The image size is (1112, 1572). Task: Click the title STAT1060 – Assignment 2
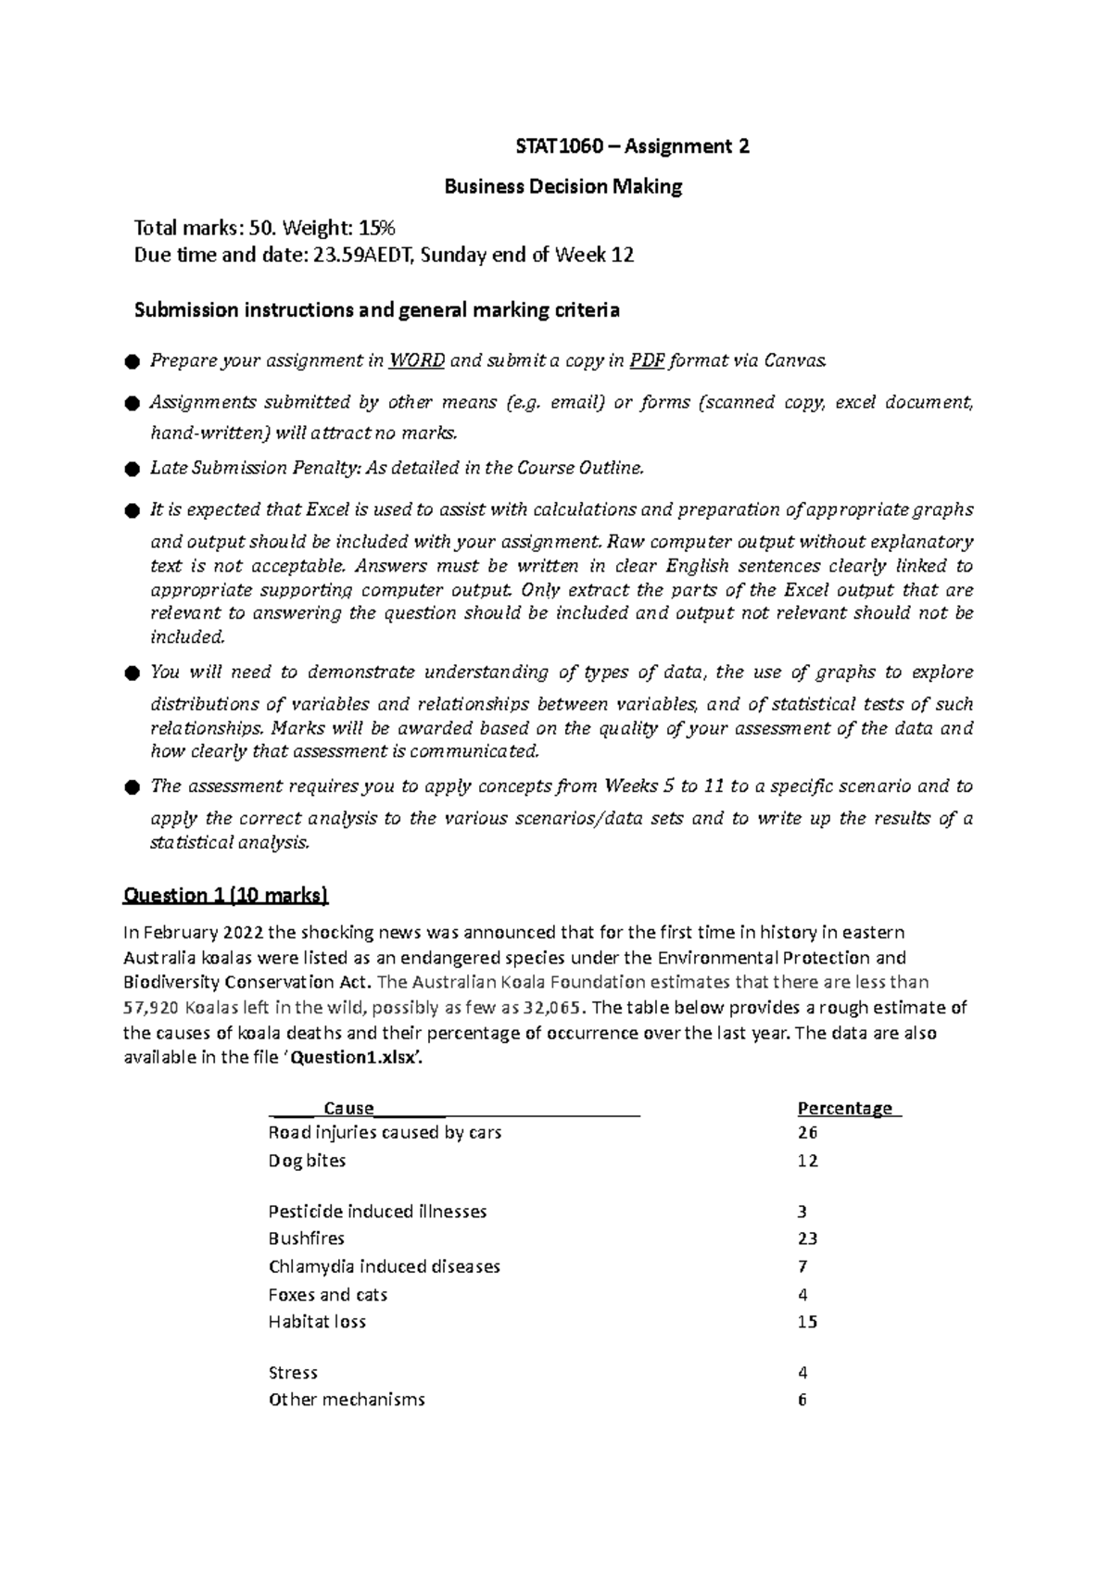click(x=632, y=146)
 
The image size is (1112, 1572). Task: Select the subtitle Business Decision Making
click(x=563, y=187)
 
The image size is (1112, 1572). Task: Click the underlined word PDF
click(x=646, y=361)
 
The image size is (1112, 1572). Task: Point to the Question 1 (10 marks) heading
click(x=225, y=895)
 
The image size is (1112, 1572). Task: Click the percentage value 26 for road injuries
click(x=807, y=1133)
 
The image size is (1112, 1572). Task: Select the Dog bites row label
click(x=307, y=1161)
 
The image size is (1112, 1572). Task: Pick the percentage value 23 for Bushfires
click(x=807, y=1239)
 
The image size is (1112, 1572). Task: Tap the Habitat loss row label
click(x=317, y=1322)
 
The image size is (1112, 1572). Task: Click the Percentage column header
click(x=845, y=1109)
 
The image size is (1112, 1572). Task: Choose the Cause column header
click(x=348, y=1109)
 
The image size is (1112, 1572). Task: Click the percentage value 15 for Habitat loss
click(x=807, y=1322)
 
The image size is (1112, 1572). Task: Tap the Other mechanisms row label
click(x=347, y=1400)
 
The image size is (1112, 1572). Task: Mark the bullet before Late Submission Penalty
click(x=131, y=470)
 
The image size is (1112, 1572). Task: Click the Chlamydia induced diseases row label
click(x=384, y=1266)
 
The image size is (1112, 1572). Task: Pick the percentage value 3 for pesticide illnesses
click(x=802, y=1212)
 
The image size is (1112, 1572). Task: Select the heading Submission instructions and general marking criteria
click(x=376, y=310)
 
